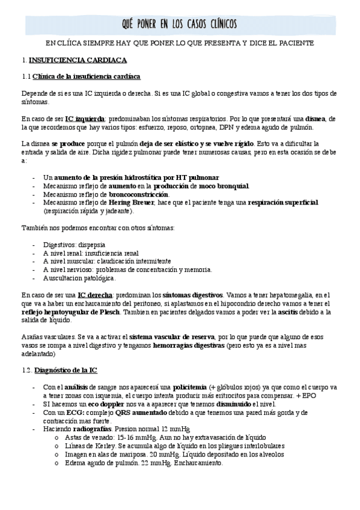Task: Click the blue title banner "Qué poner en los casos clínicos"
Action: [180, 23]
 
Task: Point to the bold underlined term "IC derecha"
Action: [95, 295]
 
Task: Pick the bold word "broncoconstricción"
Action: [139, 194]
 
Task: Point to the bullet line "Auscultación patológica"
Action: [79, 278]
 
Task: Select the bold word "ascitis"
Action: [272, 312]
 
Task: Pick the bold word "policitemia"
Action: [190, 387]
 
